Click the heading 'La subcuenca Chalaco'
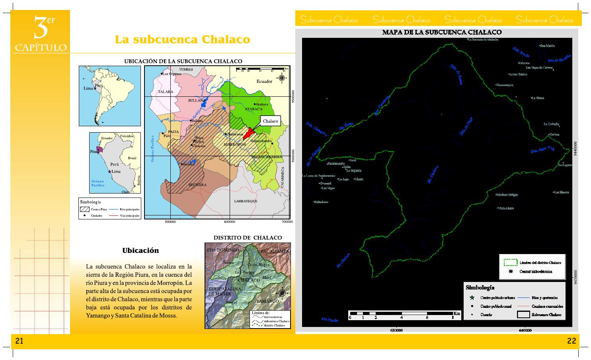click(182, 39)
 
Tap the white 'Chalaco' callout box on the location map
click(270, 121)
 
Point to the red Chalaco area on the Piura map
click(250, 133)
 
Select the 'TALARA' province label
click(166, 92)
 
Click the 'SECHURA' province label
click(197, 185)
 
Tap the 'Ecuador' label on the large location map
click(264, 81)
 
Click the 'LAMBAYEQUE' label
click(246, 201)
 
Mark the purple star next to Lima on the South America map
click(95, 88)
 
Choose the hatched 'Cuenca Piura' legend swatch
click(84, 209)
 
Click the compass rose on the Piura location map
click(282, 78)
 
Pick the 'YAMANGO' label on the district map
click(267, 301)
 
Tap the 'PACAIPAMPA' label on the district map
click(275, 252)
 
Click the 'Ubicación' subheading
click(140, 250)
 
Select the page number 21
click(20, 341)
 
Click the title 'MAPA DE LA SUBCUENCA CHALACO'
click(441, 32)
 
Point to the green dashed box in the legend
click(510, 262)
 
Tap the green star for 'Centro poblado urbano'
click(472, 297)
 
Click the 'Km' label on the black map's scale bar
click(457, 313)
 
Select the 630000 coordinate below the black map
click(396, 330)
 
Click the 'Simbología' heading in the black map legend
click(480, 287)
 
